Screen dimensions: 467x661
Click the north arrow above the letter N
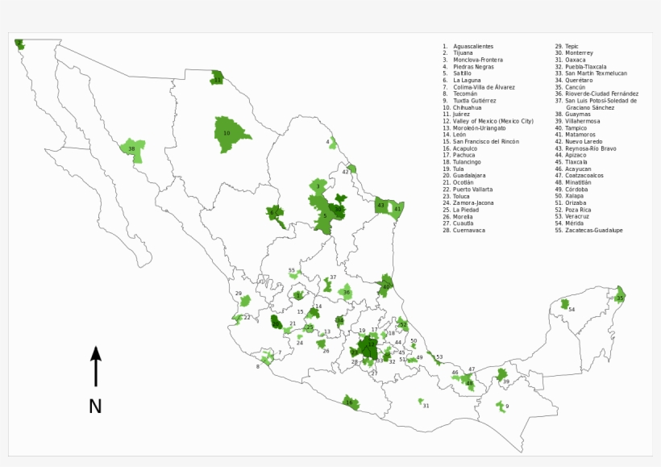(x=95, y=366)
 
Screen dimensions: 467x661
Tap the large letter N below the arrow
(x=95, y=407)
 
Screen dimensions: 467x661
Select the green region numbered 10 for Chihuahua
(x=228, y=133)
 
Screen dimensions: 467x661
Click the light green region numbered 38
(x=131, y=149)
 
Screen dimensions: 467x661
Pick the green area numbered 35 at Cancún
(x=620, y=297)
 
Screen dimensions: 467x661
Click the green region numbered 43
(x=382, y=206)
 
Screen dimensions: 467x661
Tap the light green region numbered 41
(x=397, y=208)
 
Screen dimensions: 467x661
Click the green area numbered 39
(x=505, y=382)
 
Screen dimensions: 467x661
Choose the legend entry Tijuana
(x=468, y=53)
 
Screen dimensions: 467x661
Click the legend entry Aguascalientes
(x=472, y=46)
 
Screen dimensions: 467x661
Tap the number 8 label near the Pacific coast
(x=258, y=366)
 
